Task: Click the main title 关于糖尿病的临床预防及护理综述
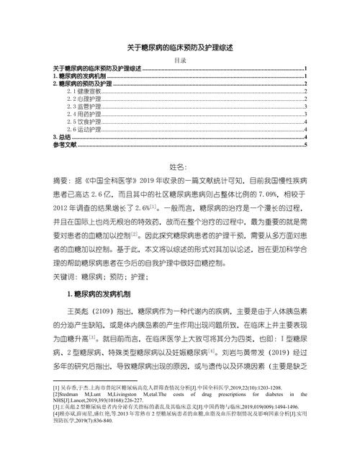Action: (180, 46)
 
